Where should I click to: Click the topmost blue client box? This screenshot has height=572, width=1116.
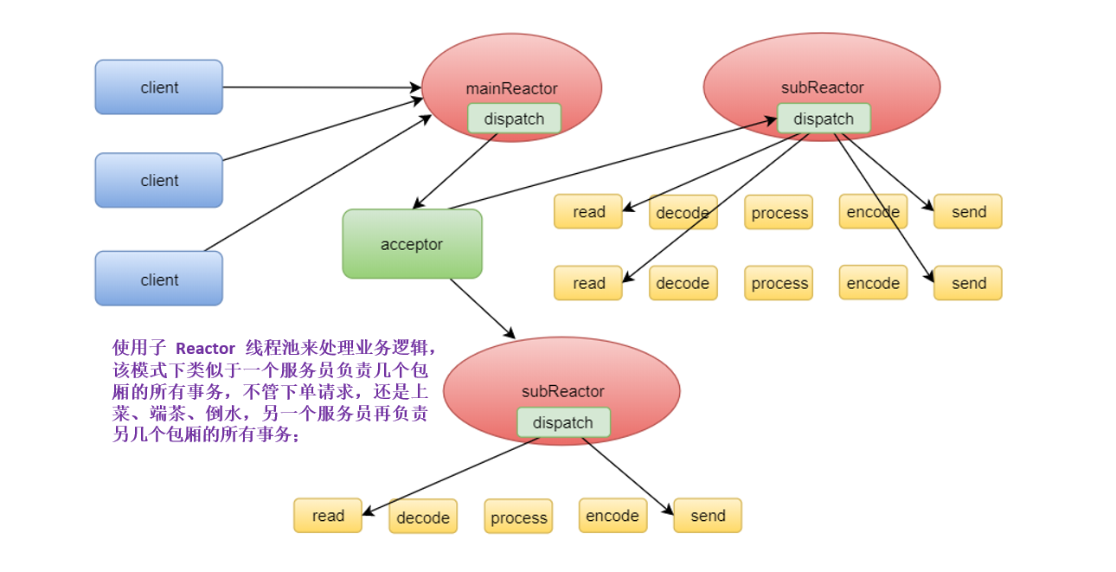coord(158,87)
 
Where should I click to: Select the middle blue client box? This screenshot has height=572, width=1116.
coord(158,180)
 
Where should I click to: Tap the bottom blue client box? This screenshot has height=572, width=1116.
coord(158,279)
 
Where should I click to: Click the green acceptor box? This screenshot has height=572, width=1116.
coord(412,244)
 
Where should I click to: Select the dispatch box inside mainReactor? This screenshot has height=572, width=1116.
coord(514,119)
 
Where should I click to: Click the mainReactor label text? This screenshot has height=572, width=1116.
coord(511,88)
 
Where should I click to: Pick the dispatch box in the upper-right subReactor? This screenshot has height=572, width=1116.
coord(823,119)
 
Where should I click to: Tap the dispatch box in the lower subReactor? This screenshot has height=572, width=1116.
coord(563,422)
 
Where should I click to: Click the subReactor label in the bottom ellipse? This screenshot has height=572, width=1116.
coord(562,391)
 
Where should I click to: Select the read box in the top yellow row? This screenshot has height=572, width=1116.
coord(588,212)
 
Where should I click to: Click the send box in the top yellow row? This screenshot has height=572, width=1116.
coord(968,212)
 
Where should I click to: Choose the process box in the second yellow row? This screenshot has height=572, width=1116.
coord(779,283)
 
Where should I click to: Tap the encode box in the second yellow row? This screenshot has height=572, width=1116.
coord(873,283)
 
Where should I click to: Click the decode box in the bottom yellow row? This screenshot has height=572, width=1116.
coord(423,517)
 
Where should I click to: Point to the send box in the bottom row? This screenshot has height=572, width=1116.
coord(708,516)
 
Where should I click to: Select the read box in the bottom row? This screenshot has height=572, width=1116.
coord(328,516)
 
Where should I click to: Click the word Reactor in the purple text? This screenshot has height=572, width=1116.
coord(205,348)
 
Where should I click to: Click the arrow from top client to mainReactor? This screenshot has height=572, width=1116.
coord(320,87)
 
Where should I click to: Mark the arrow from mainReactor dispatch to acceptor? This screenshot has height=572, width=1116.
coord(456,170)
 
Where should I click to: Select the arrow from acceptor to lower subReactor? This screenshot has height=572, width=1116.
coord(482,308)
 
